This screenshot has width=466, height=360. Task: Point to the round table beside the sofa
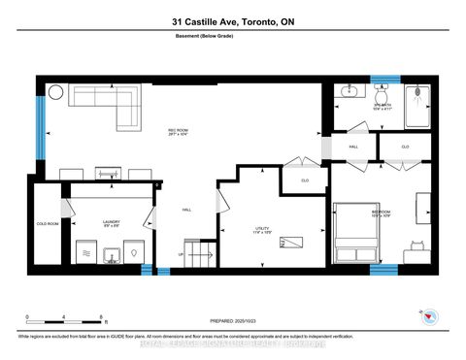click(55, 92)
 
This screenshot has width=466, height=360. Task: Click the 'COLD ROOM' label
click(48, 221)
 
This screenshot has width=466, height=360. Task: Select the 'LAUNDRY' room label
click(111, 221)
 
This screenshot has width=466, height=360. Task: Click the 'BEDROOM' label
click(380, 212)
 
